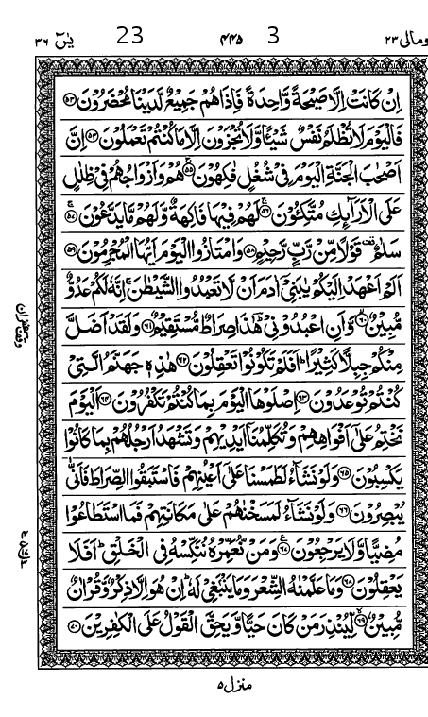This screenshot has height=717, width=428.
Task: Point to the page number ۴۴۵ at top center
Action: tap(231, 39)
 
